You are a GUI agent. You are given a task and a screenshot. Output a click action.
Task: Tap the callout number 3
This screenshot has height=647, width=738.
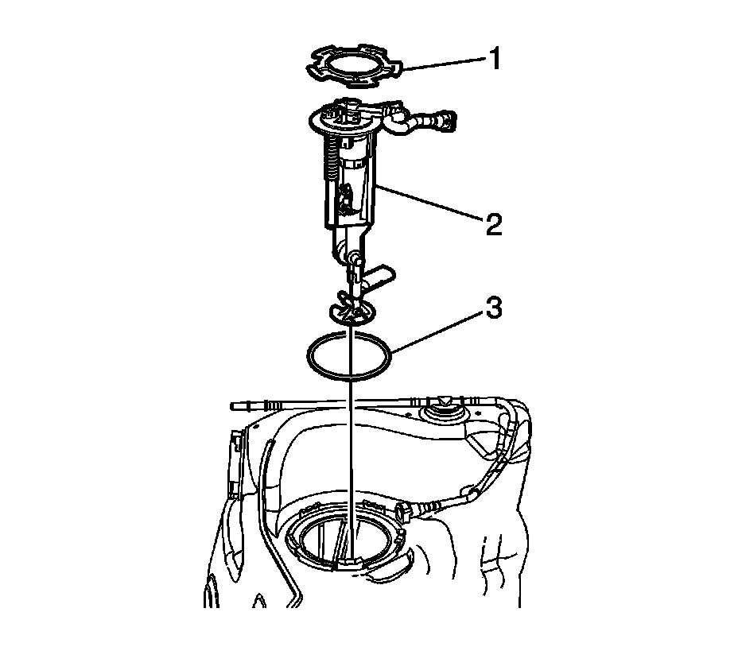[493, 308]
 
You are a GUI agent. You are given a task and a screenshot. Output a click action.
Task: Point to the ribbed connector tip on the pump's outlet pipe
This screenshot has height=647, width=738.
[442, 119]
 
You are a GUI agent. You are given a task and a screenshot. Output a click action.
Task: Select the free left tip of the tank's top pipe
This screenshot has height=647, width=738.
[234, 405]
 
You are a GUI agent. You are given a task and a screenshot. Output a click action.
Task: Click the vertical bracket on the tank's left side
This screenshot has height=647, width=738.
[235, 466]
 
